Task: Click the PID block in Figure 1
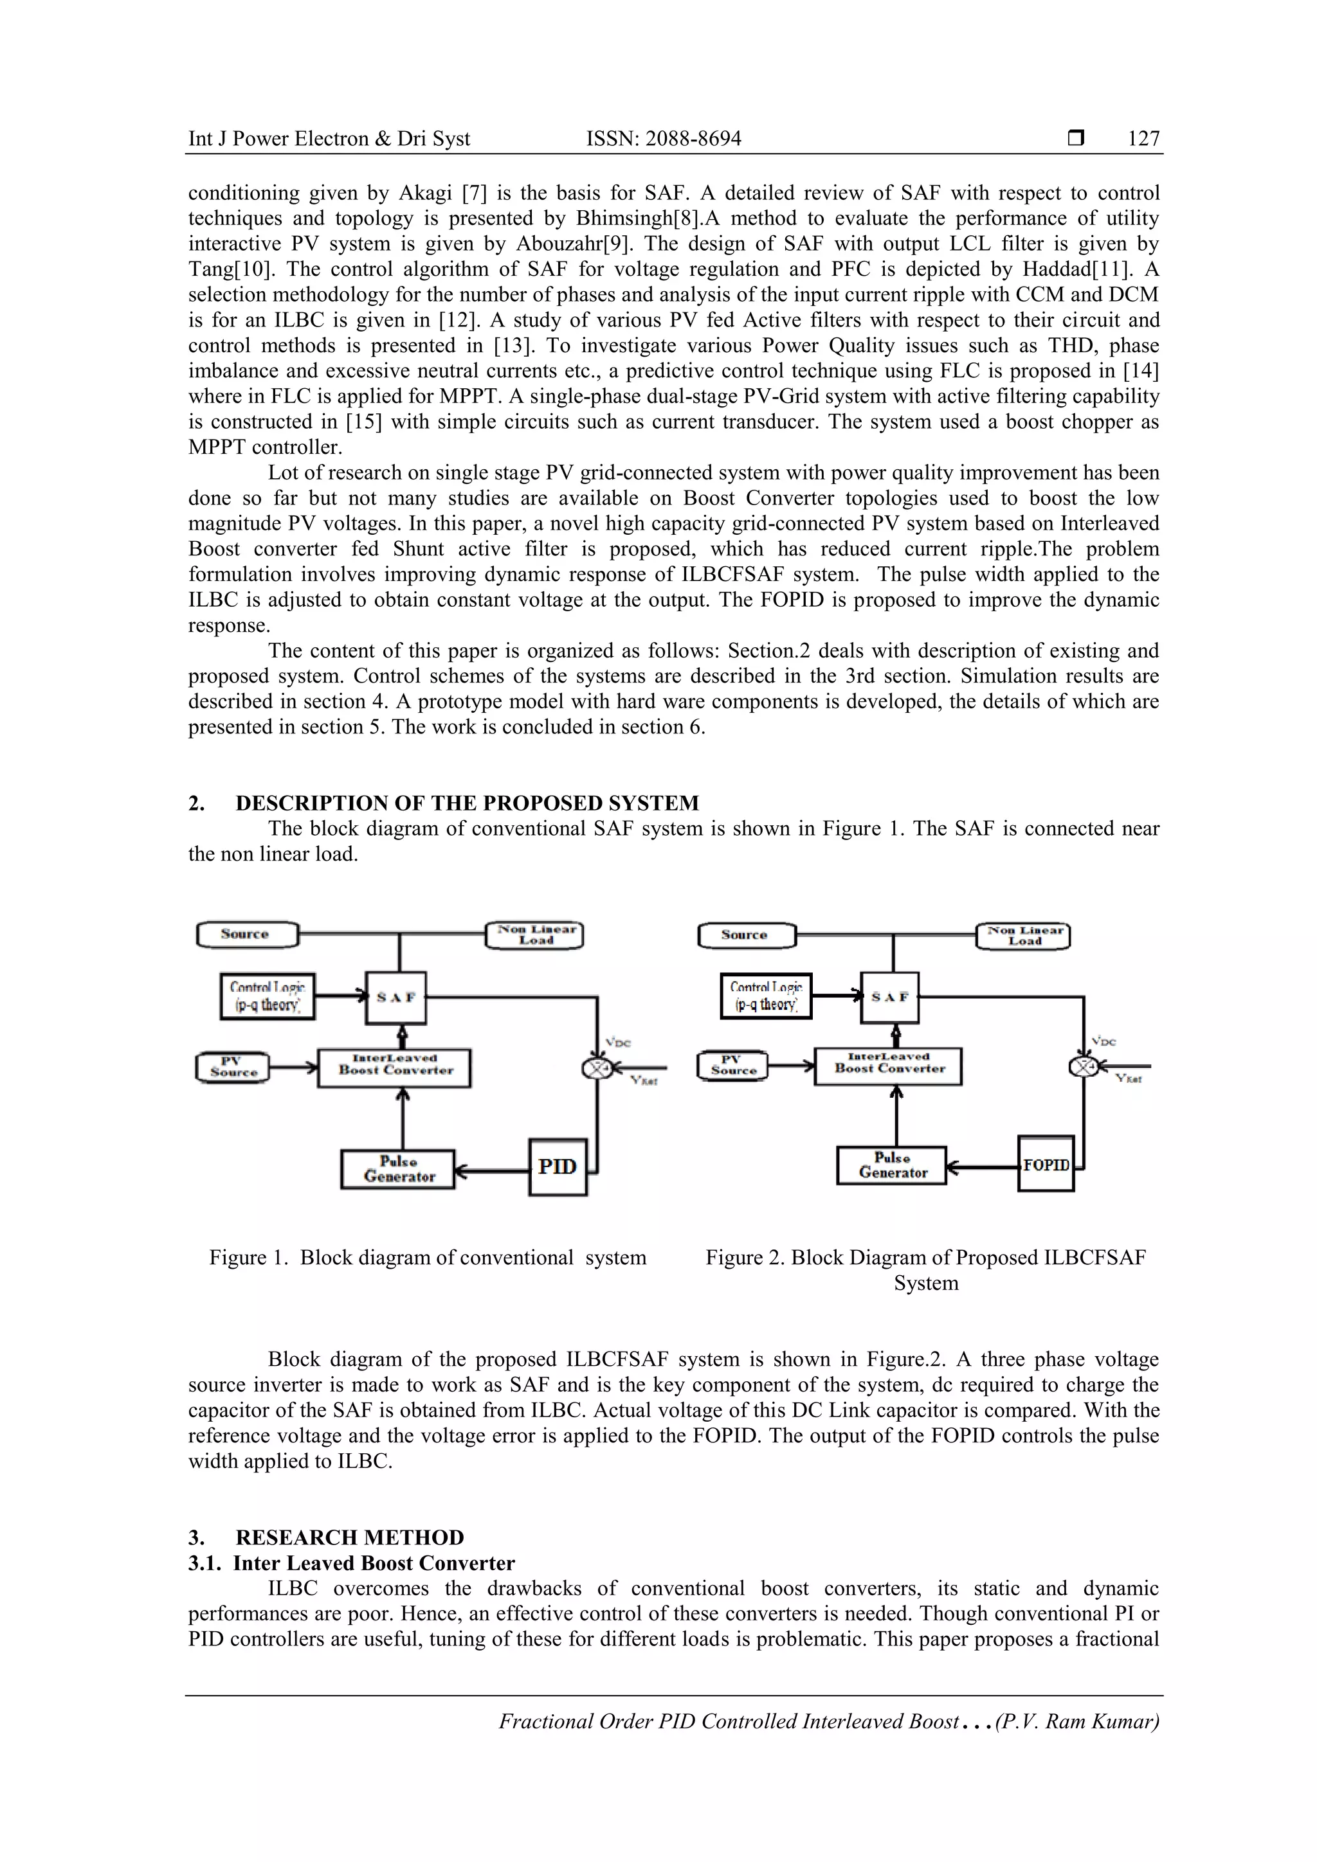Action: (x=558, y=1167)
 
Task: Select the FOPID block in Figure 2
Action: (x=1046, y=1165)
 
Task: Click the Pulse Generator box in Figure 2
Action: (x=892, y=1165)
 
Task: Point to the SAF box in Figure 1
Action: (x=396, y=998)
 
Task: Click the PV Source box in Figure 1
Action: (x=232, y=1066)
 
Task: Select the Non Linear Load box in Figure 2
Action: (x=1024, y=936)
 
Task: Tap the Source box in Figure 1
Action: (x=247, y=935)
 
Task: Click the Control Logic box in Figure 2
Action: (x=766, y=996)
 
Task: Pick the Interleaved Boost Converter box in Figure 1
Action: (x=394, y=1067)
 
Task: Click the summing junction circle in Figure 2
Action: (x=1084, y=1066)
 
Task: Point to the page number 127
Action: (x=1143, y=139)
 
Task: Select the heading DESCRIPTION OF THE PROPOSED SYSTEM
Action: (x=467, y=803)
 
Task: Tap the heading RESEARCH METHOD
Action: (x=350, y=1537)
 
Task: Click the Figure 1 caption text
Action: (x=428, y=1257)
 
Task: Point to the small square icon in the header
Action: (x=1076, y=139)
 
